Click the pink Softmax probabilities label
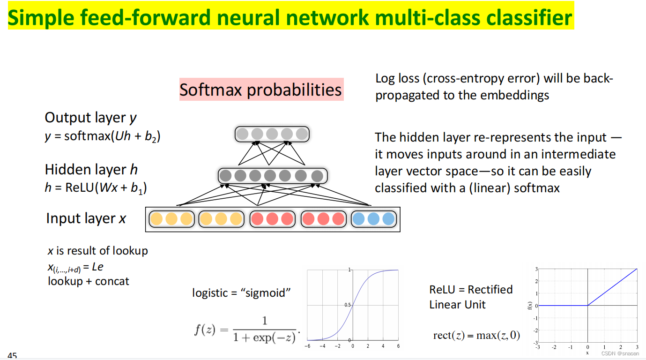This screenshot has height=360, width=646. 261,90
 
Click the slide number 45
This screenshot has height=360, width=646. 12,356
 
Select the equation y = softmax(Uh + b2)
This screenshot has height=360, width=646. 103,136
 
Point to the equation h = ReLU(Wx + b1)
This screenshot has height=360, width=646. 96,188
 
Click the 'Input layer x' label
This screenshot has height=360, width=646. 86,218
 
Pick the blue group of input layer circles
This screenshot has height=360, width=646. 373,219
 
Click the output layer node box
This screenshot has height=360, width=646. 272,135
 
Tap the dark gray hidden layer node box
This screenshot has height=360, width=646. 272,176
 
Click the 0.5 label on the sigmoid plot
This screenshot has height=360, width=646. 348,305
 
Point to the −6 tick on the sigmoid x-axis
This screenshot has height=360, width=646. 307,346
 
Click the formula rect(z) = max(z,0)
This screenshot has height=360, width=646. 476,336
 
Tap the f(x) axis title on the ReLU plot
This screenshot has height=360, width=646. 529,306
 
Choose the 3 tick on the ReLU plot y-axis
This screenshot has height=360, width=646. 536,269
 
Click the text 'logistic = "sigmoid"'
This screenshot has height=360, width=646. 242,293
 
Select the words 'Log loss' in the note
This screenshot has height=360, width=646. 394,78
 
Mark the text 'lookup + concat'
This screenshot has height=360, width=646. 89,281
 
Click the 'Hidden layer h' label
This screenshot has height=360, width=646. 91,169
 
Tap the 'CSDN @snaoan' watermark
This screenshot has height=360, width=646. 620,353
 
